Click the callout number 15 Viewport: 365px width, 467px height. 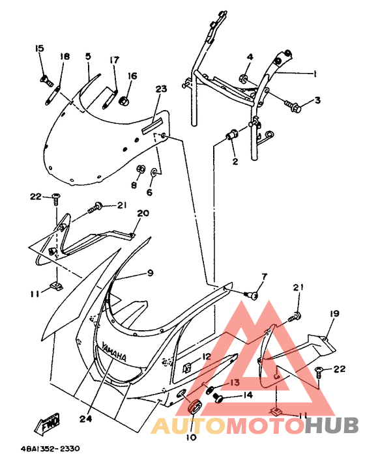[39, 48]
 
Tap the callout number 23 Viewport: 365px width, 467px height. [161, 89]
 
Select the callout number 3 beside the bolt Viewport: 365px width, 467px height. [317, 100]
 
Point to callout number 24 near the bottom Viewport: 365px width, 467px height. [86, 418]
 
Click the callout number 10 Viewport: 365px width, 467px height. [191, 438]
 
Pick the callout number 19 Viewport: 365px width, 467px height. [334, 313]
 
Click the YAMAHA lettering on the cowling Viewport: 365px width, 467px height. [114, 352]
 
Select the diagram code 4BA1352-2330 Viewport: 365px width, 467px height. [50, 448]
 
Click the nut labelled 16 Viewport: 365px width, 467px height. [124, 101]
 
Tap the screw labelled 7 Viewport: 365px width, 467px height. [252, 295]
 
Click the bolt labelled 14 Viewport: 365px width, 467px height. [219, 398]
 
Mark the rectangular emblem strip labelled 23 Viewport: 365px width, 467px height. [152, 125]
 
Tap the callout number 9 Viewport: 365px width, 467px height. [150, 272]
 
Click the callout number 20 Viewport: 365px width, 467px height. [143, 213]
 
